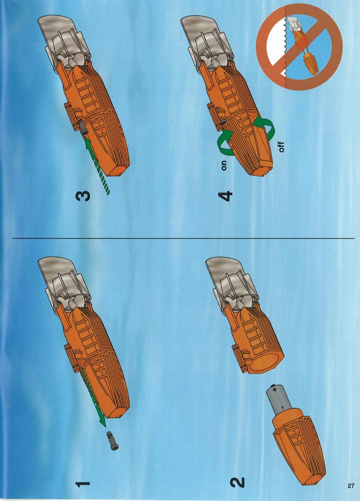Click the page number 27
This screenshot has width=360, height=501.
pyautogui.click(x=351, y=486)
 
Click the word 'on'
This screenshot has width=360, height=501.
pyautogui.click(x=224, y=165)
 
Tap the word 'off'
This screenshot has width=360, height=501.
pyautogui.click(x=281, y=147)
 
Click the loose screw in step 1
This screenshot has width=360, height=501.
pyautogui.click(x=112, y=441)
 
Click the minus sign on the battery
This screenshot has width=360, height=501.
pyautogui.click(x=283, y=407)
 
